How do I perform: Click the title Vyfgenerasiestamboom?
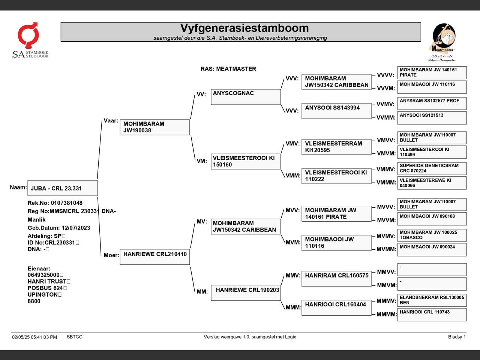point(244,28)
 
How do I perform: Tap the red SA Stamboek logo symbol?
point(28,35)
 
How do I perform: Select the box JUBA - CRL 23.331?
point(63,188)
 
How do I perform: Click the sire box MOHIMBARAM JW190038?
point(155,127)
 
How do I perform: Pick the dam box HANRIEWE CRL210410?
point(155,257)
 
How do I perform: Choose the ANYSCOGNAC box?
point(246,97)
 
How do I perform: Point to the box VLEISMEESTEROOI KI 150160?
point(246,162)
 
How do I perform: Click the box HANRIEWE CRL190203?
point(246,292)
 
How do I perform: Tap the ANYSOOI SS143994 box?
point(336,111)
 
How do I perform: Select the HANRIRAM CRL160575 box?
point(336,279)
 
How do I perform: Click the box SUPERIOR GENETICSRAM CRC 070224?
point(432,168)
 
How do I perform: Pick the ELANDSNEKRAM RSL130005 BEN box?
point(432,300)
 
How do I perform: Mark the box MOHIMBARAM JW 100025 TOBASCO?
point(432,235)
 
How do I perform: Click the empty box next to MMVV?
point(432,270)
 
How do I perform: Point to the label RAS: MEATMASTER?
point(228,69)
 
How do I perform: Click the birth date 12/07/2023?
point(76,228)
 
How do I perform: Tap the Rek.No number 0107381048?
point(67,203)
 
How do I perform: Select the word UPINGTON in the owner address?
point(43,294)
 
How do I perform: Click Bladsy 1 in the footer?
point(457,337)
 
